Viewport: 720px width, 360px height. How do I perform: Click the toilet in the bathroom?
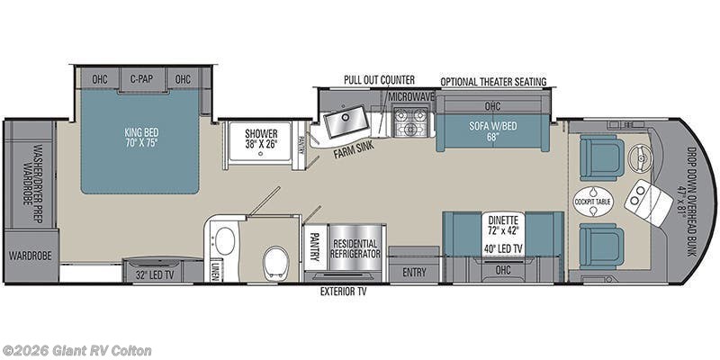click(x=275, y=261)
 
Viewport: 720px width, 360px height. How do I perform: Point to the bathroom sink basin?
click(x=224, y=241)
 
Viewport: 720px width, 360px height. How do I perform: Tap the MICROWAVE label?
click(x=411, y=96)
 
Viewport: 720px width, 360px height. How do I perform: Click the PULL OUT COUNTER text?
click(x=379, y=80)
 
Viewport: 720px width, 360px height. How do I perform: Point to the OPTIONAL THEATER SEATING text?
click(x=493, y=81)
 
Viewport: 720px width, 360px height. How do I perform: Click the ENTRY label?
click(x=415, y=271)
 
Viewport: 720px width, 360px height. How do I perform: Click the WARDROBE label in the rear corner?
click(x=31, y=256)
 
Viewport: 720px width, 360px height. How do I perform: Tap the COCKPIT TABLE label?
click(x=593, y=201)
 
